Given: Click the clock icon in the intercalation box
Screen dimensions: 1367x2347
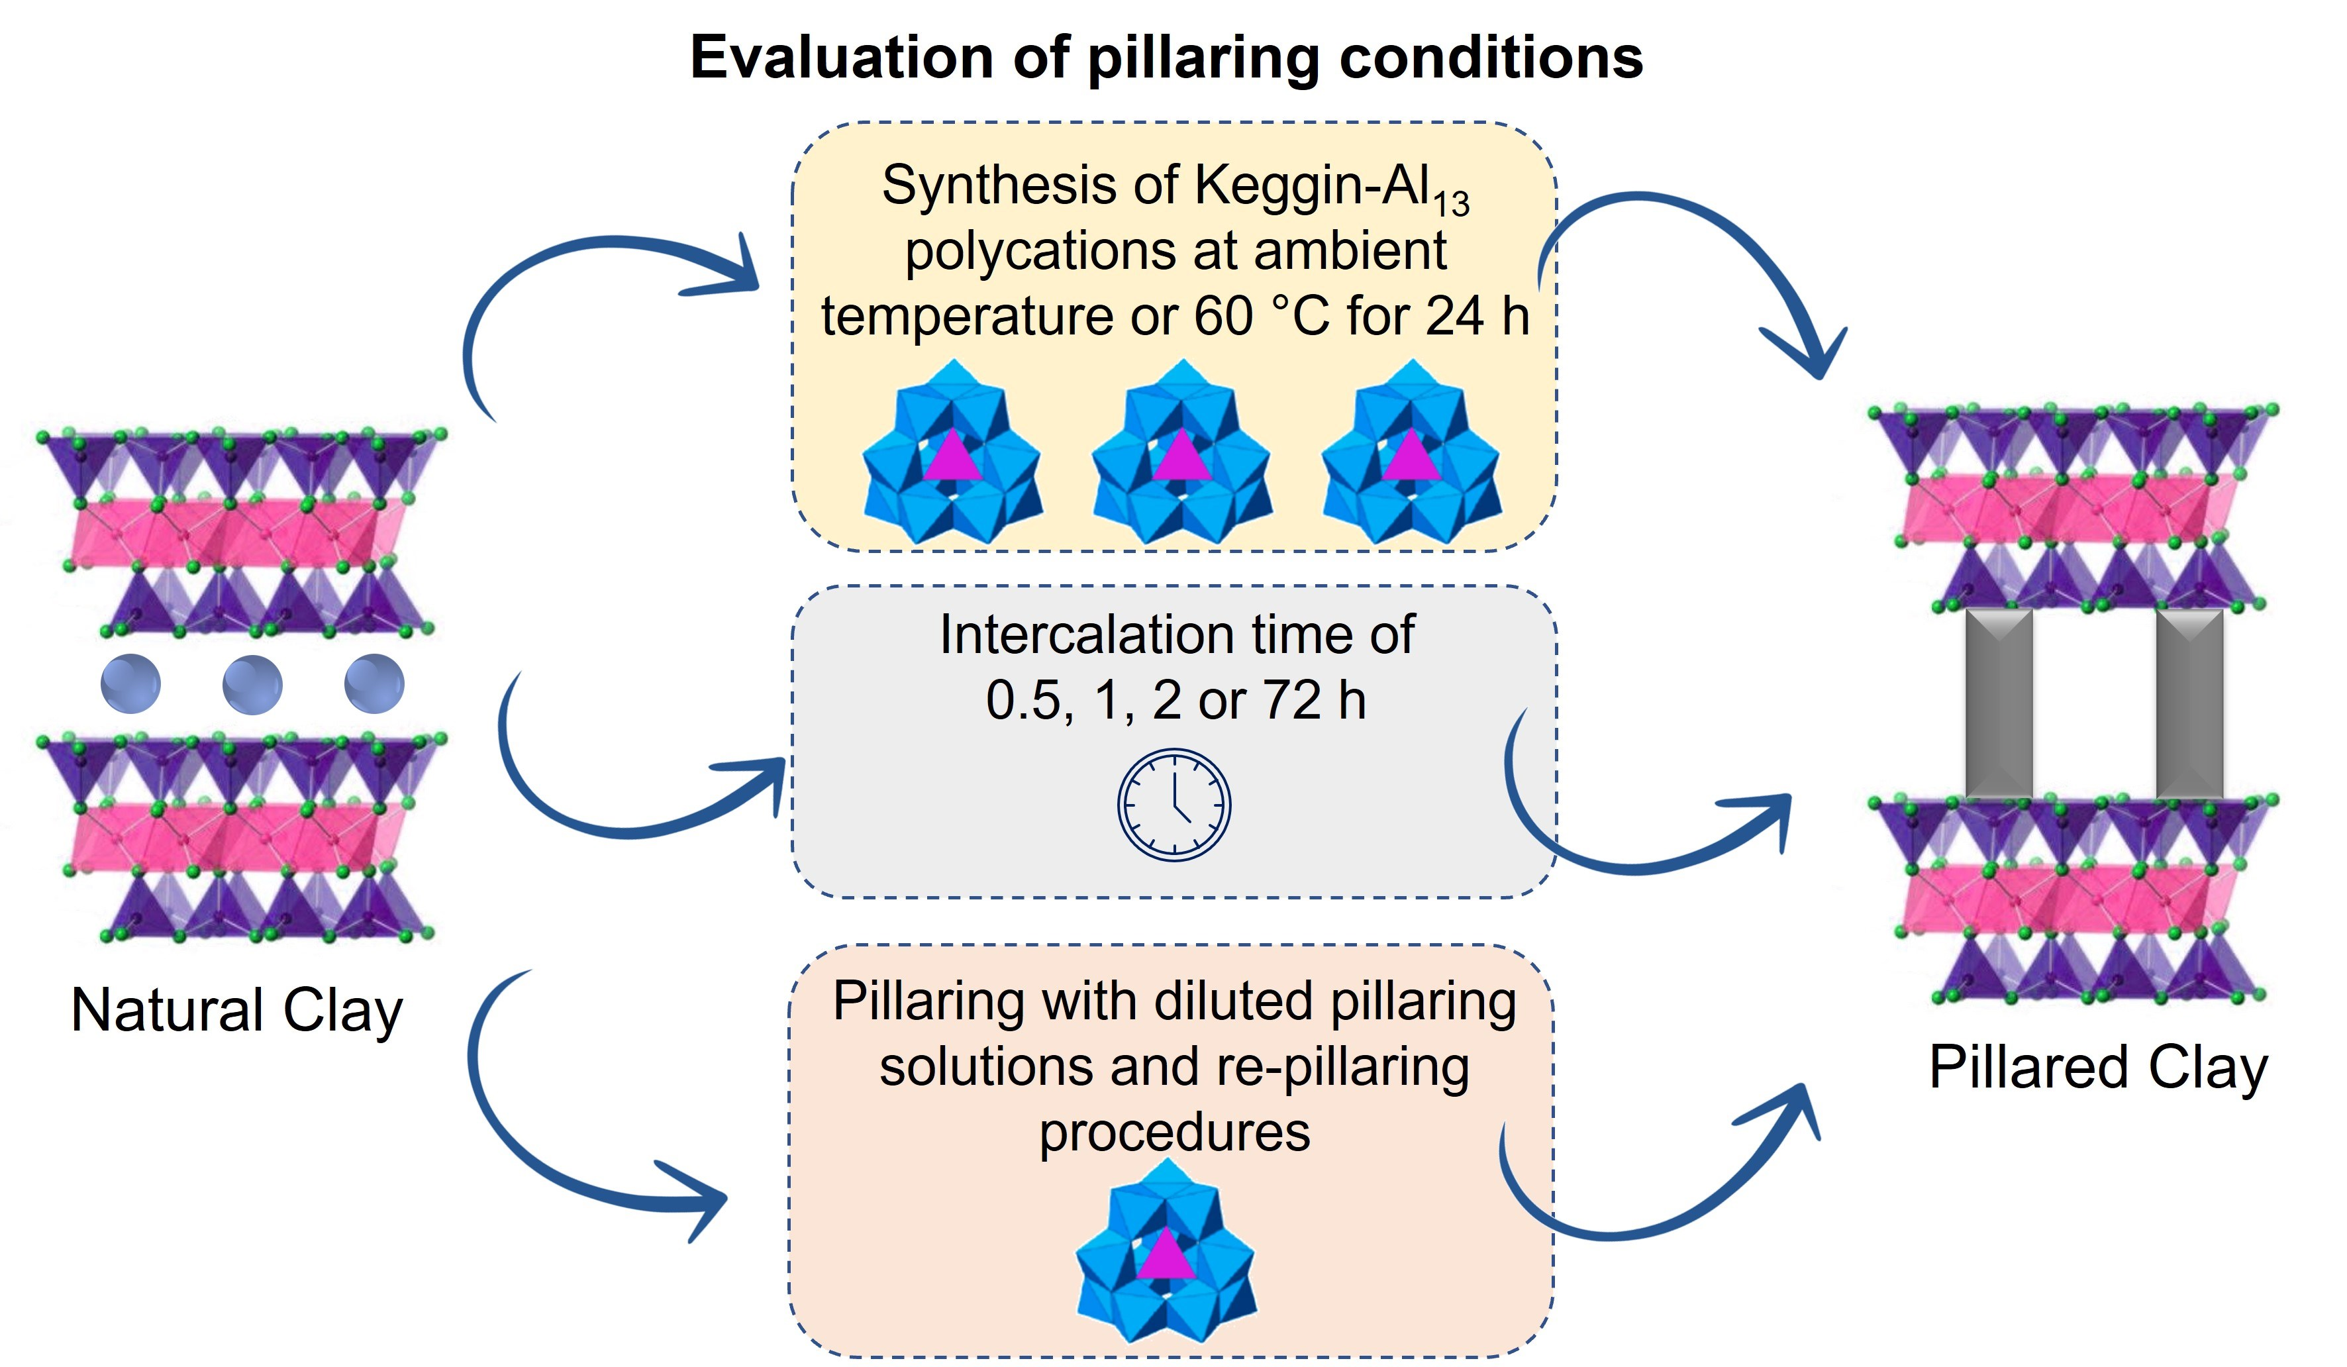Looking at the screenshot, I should [x=1173, y=803].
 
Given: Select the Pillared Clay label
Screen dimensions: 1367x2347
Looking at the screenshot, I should [x=2097, y=1067].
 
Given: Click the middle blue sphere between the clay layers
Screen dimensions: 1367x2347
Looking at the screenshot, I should [x=252, y=684].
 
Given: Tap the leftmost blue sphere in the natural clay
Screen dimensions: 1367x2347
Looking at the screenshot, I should [x=130, y=684].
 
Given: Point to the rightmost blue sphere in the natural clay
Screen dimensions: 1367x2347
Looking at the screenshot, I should [x=374, y=684].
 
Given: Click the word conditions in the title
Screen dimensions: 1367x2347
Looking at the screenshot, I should [x=1490, y=58].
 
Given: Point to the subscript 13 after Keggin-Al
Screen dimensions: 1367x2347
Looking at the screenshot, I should [x=1451, y=203].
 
